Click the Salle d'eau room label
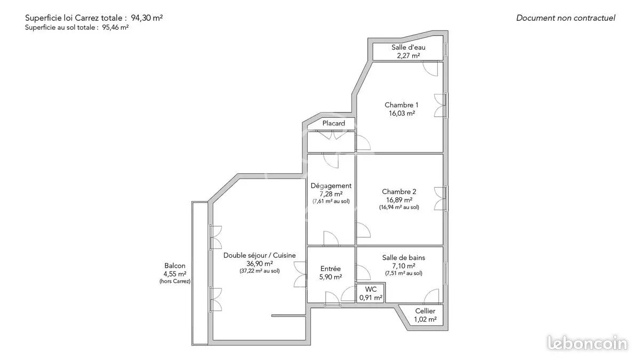(409, 47)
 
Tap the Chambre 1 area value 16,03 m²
(402, 114)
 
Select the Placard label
(334, 123)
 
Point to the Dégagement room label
(331, 186)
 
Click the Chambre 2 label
(399, 191)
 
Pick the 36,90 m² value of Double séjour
(260, 263)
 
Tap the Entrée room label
(331, 269)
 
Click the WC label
(371, 290)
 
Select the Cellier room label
(425, 311)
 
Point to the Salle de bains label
(404, 258)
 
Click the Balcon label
(175, 266)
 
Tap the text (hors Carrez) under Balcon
(175, 281)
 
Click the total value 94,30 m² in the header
(147, 18)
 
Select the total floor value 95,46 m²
(115, 27)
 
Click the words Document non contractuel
(566, 18)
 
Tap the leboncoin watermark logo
(587, 343)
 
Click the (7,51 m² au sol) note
(404, 273)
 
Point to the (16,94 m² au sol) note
(399, 207)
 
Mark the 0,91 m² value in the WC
(371, 298)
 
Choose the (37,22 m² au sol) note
(260, 271)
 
